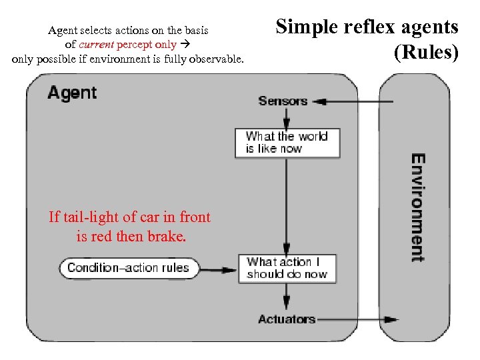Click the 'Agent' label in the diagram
click(x=72, y=93)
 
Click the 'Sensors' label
click(x=283, y=101)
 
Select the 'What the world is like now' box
click(x=287, y=143)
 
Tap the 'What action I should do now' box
click(x=287, y=268)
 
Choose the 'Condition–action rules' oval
click(x=129, y=269)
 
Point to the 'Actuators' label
click(x=287, y=319)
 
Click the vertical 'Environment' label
click(x=417, y=208)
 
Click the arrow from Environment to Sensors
click(x=353, y=102)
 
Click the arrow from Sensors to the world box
click(x=286, y=118)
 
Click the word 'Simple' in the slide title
click(x=304, y=27)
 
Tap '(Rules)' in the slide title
click(x=426, y=53)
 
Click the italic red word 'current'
click(x=95, y=45)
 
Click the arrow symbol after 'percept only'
click(x=186, y=45)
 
